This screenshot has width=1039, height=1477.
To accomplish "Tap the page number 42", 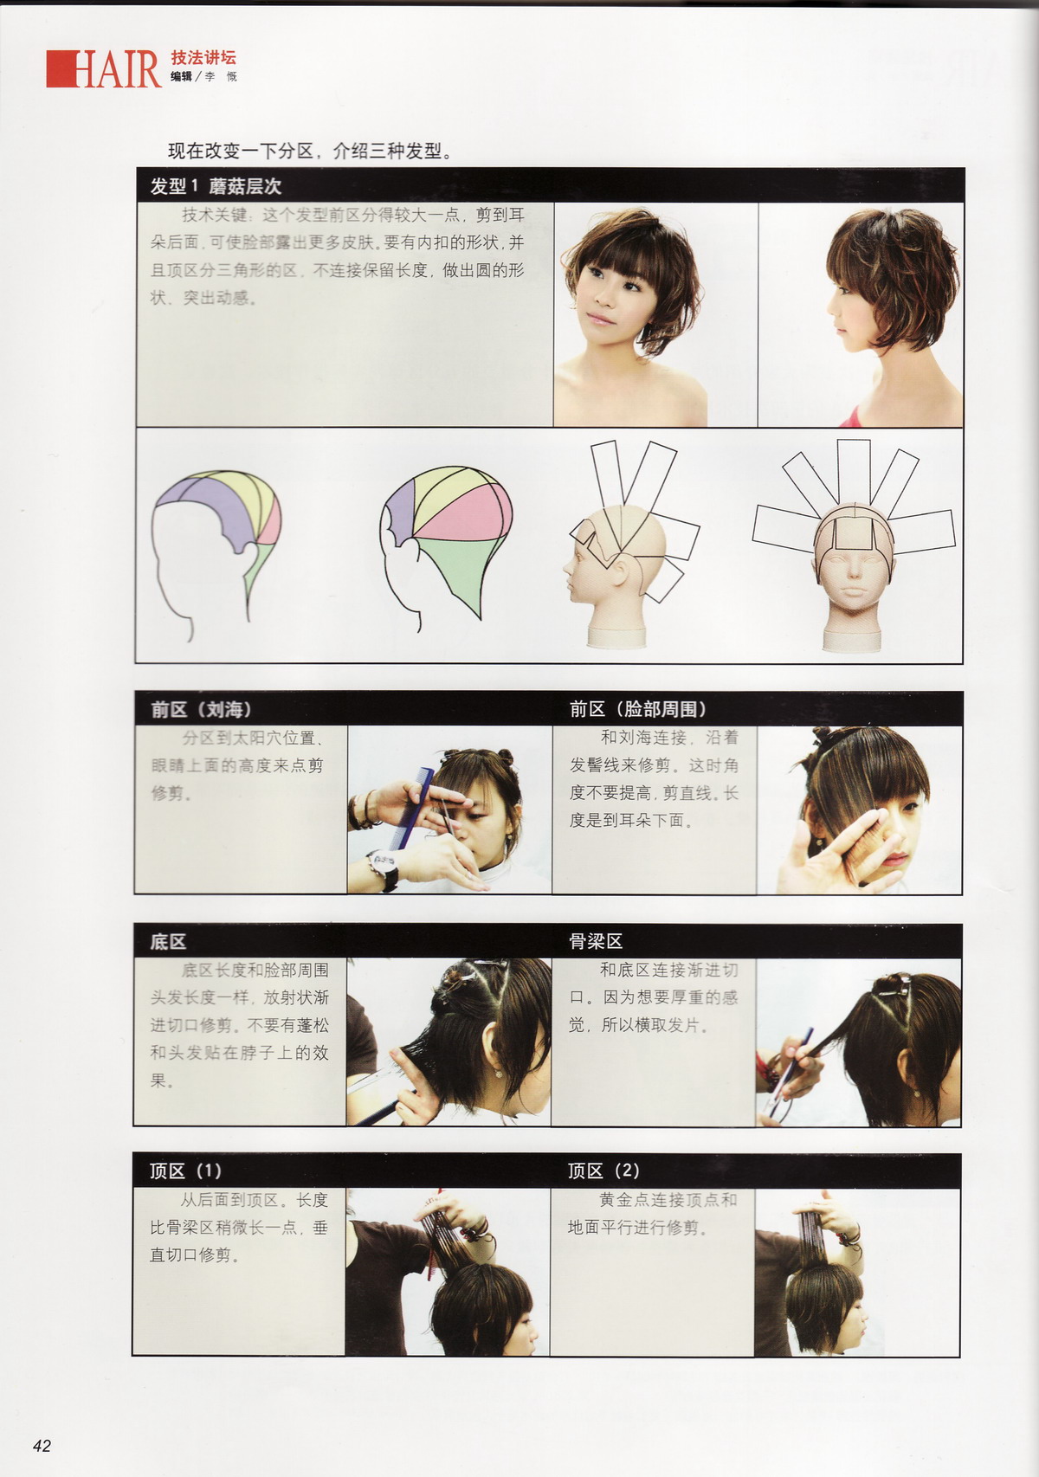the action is tap(42, 1445).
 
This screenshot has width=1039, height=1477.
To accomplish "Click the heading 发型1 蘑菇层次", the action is tap(216, 187).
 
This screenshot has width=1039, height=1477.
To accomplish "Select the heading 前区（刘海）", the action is tap(200, 709).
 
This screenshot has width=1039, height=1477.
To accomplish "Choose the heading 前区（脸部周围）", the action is tap(637, 709).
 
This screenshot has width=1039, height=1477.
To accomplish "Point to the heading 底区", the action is tap(168, 942).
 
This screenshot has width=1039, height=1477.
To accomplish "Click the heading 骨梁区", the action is tap(596, 941).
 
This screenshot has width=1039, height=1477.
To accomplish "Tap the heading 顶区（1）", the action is tap(185, 1171).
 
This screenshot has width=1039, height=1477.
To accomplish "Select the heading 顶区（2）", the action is tap(603, 1171).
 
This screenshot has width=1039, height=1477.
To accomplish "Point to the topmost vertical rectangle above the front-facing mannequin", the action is tap(854, 472).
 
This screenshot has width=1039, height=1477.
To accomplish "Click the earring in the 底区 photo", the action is tap(499, 1074).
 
